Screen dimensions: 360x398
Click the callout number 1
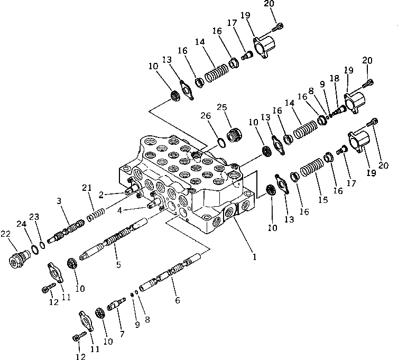pyautogui.click(x=254, y=257)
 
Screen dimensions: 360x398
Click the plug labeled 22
pyautogui.click(x=21, y=261)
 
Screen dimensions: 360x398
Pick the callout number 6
pyautogui.click(x=177, y=300)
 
